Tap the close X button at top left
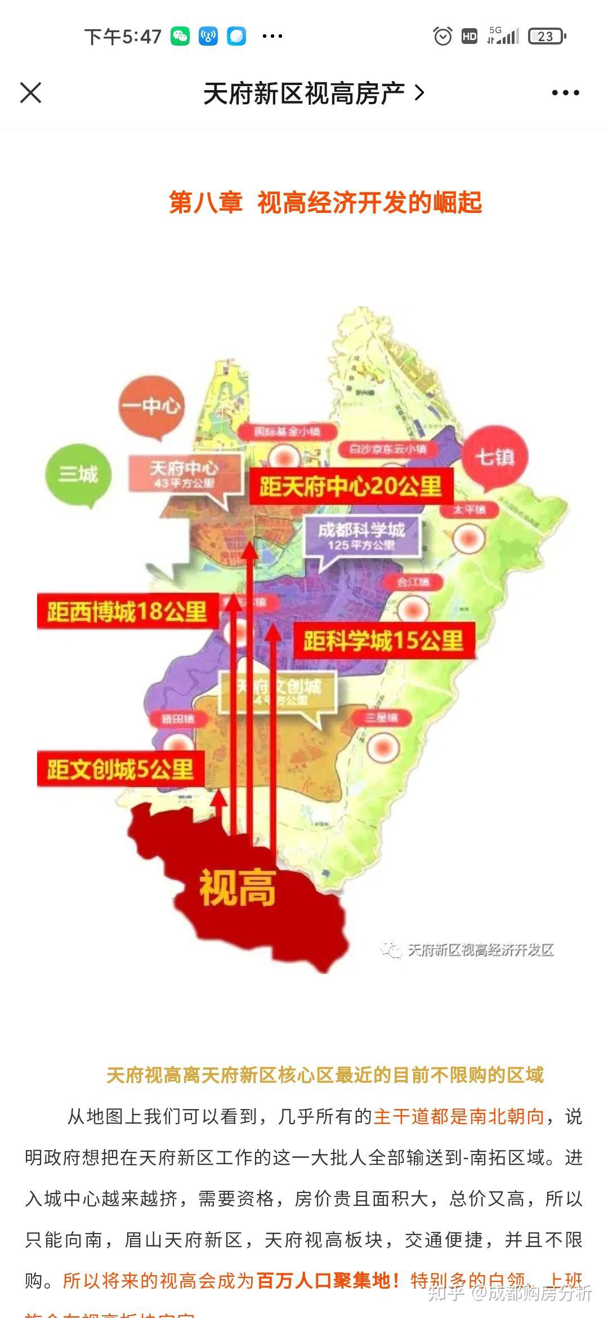(x=31, y=93)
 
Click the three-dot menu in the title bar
(x=565, y=93)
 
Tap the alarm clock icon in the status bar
(x=442, y=37)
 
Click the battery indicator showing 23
(x=546, y=37)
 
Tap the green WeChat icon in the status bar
(x=180, y=37)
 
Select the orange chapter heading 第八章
(x=205, y=203)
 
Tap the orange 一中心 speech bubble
(x=151, y=406)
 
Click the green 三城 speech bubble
(x=79, y=474)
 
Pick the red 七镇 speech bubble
(x=495, y=457)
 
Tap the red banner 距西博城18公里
(x=127, y=612)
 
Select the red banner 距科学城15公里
(x=384, y=641)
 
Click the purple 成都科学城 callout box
(x=361, y=536)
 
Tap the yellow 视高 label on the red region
(x=238, y=888)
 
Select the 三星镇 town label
(x=381, y=718)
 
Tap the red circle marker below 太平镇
(x=468, y=538)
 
